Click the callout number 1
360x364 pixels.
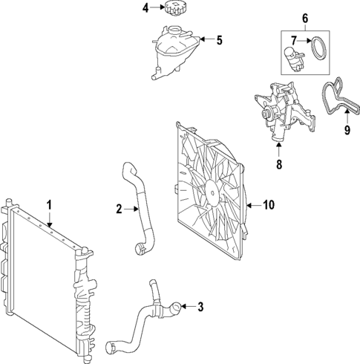49,204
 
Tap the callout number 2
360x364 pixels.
119,210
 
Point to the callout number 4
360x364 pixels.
145,8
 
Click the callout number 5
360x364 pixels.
219,39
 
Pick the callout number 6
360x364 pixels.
304,18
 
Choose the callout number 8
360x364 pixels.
279,165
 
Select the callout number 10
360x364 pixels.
268,204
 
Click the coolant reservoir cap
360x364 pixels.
175,10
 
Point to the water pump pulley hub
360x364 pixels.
266,115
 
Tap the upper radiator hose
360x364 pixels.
141,208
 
